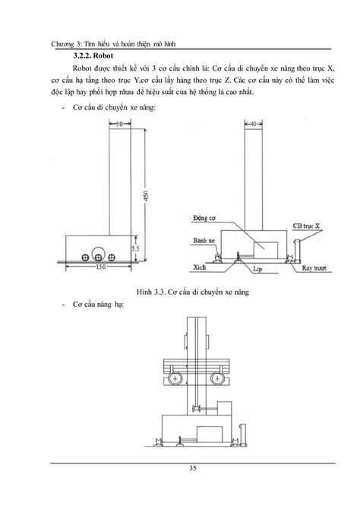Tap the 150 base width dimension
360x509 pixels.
pos(101,267)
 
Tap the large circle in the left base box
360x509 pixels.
pos(97,253)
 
